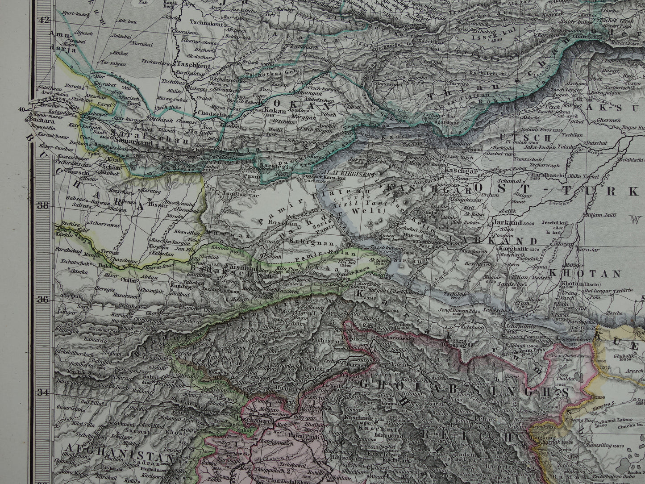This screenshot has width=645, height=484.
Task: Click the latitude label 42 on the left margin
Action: pos(44,20)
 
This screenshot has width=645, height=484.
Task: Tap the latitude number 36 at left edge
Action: pos(44,299)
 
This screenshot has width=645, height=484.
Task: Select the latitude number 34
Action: pos(43,393)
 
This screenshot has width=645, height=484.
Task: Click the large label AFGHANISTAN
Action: pos(119,459)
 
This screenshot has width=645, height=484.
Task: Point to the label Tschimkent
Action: pos(204,24)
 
